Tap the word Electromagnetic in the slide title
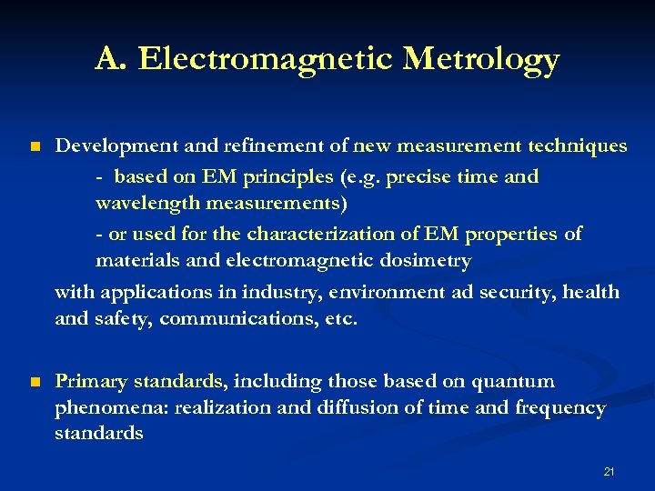pos(265,60)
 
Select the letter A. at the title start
pos(111,60)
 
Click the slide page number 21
pos(609,472)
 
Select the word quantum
pos(521,381)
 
